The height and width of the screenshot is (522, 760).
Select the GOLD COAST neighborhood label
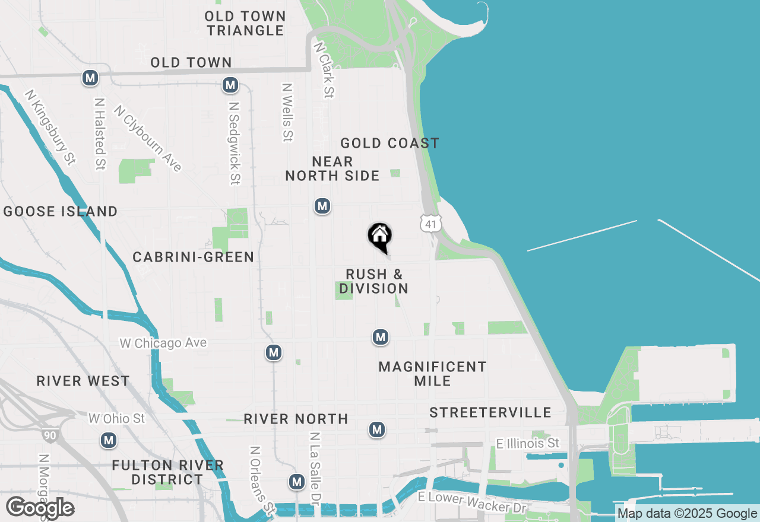(389, 143)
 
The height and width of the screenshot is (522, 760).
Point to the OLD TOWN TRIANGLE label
(246, 23)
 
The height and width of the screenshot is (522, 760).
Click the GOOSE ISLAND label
(61, 211)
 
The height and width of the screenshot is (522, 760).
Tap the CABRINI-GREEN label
(194, 257)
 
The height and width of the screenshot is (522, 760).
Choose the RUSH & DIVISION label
(374, 281)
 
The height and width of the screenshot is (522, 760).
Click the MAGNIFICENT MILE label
(432, 374)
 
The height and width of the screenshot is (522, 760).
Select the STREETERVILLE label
(490, 412)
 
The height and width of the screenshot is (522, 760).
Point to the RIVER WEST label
(83, 381)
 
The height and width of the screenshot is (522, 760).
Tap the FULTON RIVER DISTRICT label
(167, 472)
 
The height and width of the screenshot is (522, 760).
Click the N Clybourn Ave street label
(148, 138)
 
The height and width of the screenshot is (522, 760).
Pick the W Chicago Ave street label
(163, 343)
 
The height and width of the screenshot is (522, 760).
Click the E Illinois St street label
(528, 443)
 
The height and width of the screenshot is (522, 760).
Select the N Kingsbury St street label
(51, 126)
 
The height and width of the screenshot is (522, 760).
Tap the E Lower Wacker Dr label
(473, 502)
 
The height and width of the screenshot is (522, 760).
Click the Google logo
(40, 508)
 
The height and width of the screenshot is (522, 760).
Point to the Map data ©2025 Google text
(687, 514)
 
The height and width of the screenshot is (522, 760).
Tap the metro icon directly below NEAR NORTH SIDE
(322, 206)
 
